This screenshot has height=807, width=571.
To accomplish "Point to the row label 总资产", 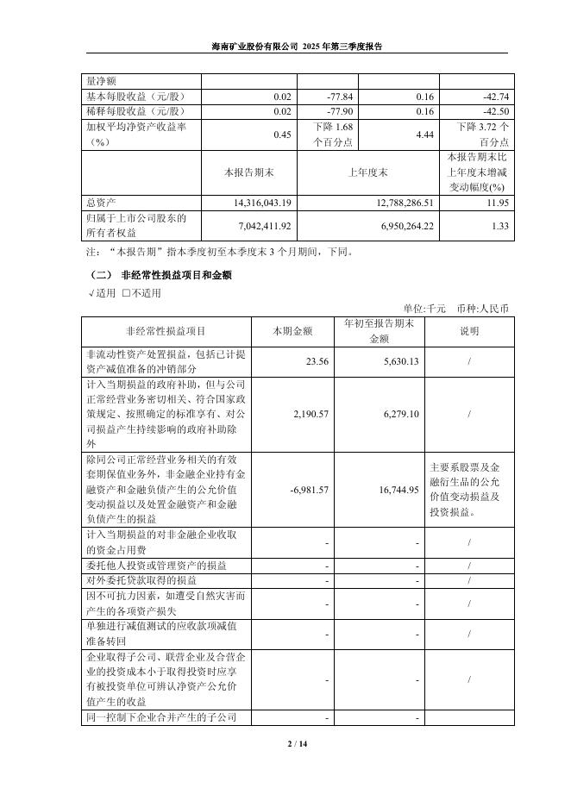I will point(103,202).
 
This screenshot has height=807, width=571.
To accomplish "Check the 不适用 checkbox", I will point(127,293).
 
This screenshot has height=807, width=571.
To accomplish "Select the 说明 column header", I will point(468,331).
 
